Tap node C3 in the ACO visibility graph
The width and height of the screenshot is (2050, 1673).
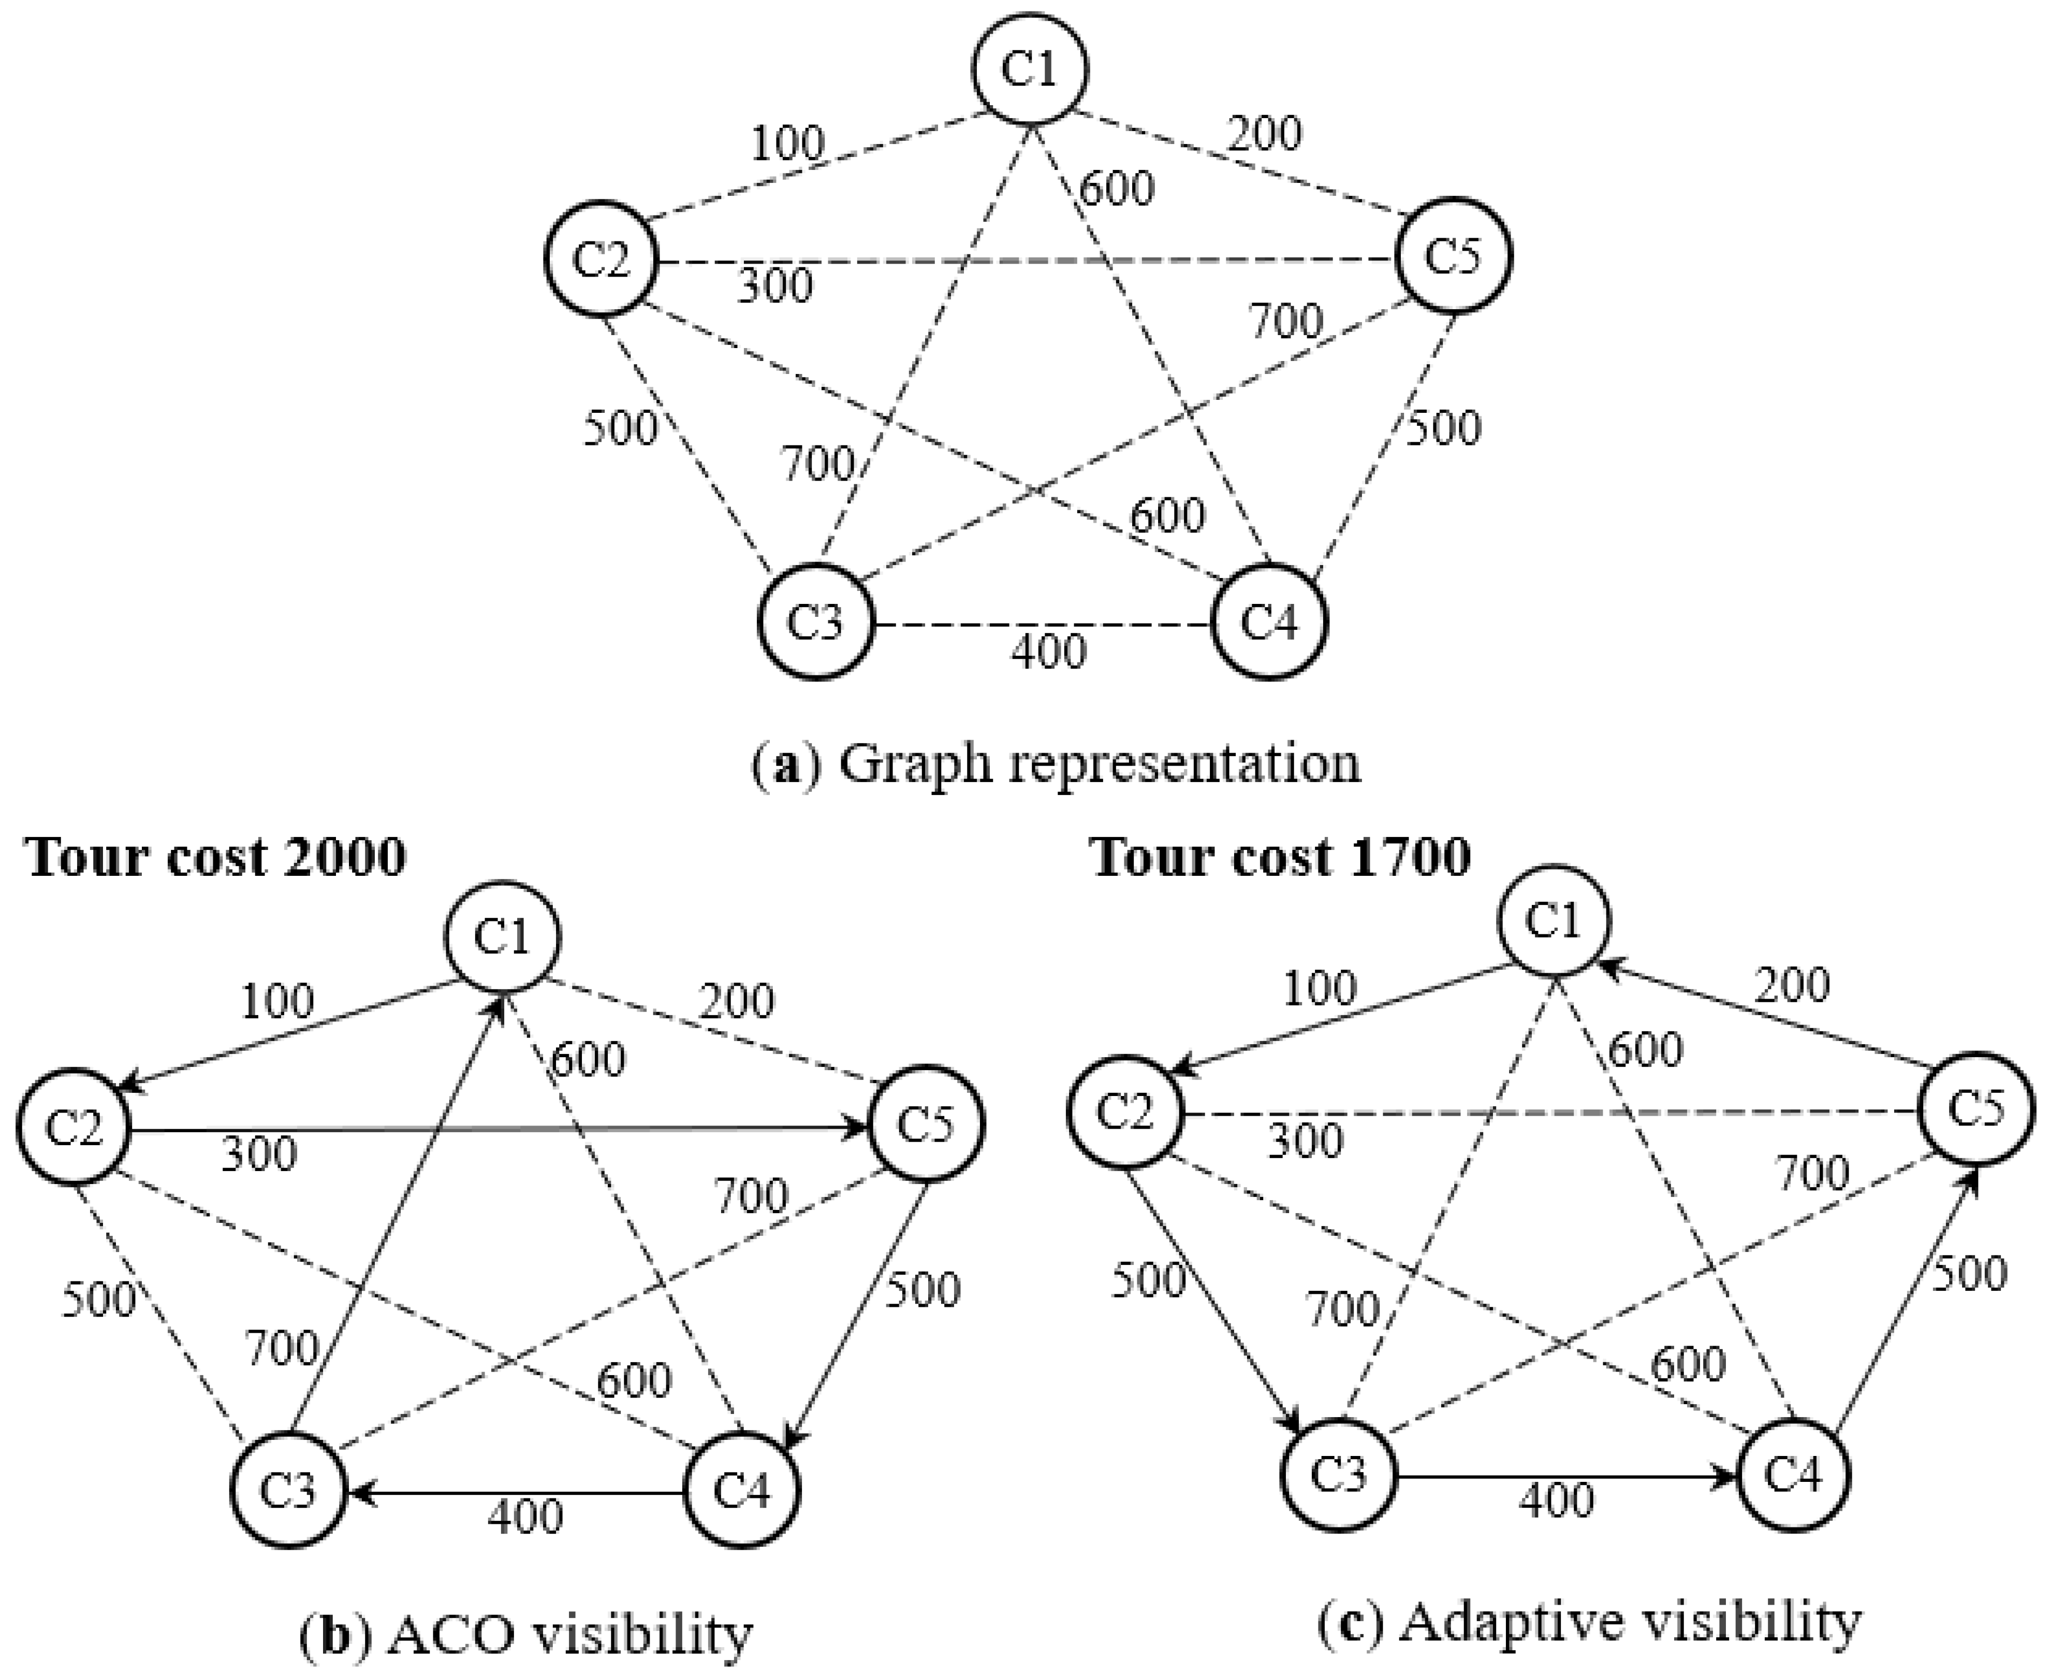point(288,1491)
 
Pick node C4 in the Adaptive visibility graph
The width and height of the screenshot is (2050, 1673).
point(1794,1476)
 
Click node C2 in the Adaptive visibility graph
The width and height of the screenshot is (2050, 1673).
point(1124,1113)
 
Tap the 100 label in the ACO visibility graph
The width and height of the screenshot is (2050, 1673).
point(276,1002)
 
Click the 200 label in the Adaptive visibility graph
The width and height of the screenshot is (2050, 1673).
point(1792,986)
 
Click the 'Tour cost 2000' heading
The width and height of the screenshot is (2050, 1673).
point(216,856)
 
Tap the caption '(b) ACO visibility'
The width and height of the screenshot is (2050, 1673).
point(526,1635)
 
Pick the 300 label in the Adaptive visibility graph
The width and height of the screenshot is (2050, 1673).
point(1305,1141)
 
